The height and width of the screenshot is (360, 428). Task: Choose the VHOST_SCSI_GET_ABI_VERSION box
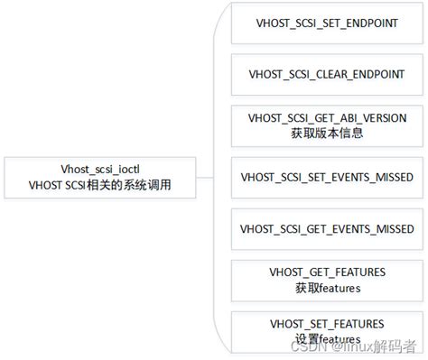(x=327, y=126)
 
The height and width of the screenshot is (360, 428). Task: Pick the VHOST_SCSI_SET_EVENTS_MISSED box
(x=327, y=178)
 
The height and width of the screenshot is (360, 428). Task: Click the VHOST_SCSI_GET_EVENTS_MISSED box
(x=327, y=229)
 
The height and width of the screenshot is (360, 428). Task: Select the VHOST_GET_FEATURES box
(x=327, y=280)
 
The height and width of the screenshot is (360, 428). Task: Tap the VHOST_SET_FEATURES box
(x=327, y=330)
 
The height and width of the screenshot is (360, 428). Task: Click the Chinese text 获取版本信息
(x=327, y=134)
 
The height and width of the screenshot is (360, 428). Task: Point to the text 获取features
(x=327, y=288)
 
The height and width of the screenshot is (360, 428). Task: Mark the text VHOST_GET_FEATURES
(x=327, y=272)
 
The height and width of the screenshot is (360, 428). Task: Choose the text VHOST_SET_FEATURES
(x=327, y=323)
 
